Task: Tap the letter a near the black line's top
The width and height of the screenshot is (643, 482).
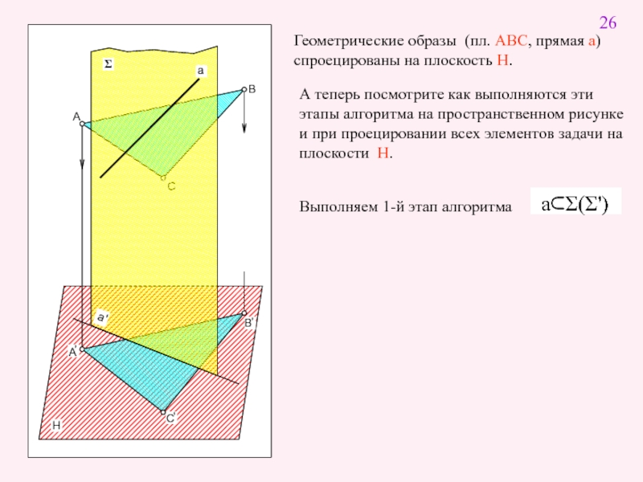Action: (x=201, y=71)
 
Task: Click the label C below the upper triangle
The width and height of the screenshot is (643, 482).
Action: (x=170, y=186)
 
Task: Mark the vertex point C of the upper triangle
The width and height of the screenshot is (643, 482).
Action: (x=163, y=178)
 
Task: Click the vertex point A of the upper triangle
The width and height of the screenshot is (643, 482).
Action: (x=84, y=124)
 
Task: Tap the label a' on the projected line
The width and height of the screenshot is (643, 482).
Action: (x=102, y=317)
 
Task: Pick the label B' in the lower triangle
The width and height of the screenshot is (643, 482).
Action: (x=249, y=323)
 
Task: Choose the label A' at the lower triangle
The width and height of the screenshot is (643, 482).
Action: (x=72, y=352)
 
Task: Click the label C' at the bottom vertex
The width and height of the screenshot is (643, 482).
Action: (x=170, y=419)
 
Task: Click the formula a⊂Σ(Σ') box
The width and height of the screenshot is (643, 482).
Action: (x=575, y=205)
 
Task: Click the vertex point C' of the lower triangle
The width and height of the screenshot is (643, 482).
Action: (x=163, y=411)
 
